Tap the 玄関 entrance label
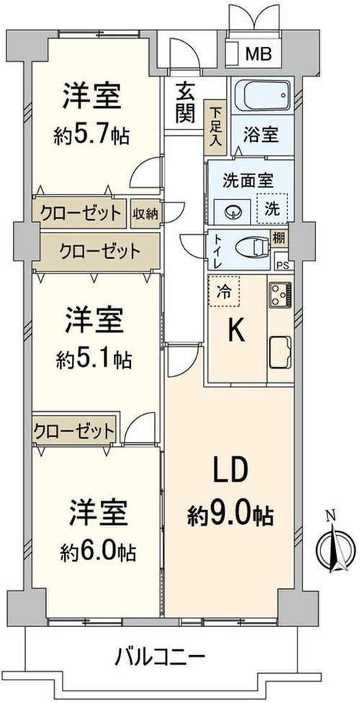coord(184,104)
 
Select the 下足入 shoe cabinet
coord(216,125)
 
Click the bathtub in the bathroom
coord(262,95)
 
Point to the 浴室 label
coord(261,135)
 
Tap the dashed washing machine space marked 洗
coord(271,208)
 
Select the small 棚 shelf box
coord(279,238)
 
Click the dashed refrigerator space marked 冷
coord(224,292)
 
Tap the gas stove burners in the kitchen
coord(280,294)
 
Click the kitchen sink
coord(280,352)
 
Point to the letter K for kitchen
coord(237,332)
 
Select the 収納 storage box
coord(145,213)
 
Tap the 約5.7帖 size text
coord(91,135)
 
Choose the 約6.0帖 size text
coord(98,554)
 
